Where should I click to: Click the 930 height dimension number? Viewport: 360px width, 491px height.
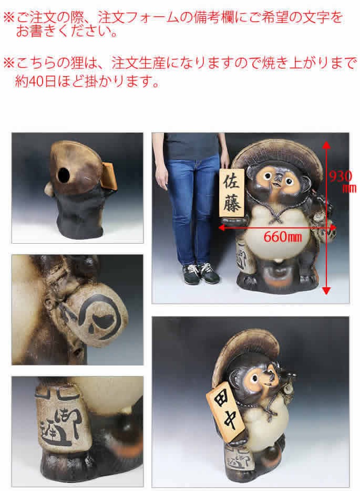click(x=340, y=176)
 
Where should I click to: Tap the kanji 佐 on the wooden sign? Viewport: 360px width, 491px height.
click(x=231, y=183)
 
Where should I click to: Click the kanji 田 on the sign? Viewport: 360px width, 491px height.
click(x=218, y=401)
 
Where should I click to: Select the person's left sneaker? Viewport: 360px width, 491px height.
click(x=208, y=274)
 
